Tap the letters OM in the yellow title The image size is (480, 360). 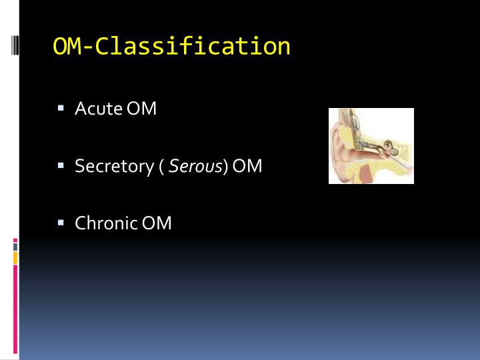(67, 47)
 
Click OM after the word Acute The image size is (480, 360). (141, 108)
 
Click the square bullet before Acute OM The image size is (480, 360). (61, 107)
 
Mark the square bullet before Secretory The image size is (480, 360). (61, 165)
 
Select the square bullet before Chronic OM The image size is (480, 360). (61, 222)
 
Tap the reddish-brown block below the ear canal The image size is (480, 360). (367, 175)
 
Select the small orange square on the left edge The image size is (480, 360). (15, 257)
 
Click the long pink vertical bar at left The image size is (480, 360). (15, 307)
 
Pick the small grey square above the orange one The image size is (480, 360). (15, 246)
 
